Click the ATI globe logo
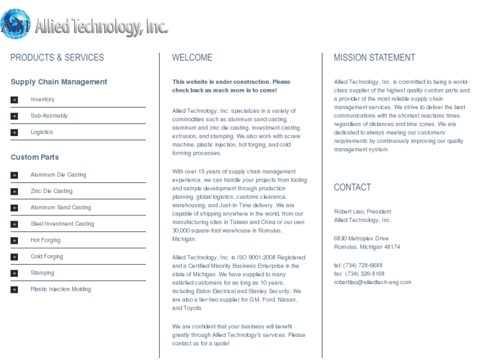15,25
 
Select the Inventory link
42,100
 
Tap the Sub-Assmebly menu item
49,116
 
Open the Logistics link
41,132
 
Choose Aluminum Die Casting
58,175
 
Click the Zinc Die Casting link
51,192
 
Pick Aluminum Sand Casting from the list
61,207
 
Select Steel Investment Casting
62,224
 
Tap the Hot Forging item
45,240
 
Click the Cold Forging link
47,256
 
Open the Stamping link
42,273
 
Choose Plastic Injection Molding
61,289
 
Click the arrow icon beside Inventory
14,100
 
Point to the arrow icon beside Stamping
14,273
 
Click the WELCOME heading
192,58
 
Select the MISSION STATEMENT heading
374,58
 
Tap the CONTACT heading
352,188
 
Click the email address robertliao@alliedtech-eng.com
372,282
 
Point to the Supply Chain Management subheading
59,82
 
